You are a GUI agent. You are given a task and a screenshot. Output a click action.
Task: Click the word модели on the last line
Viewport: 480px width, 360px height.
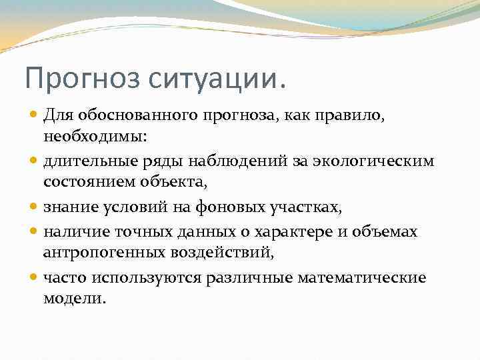(x=73, y=298)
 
